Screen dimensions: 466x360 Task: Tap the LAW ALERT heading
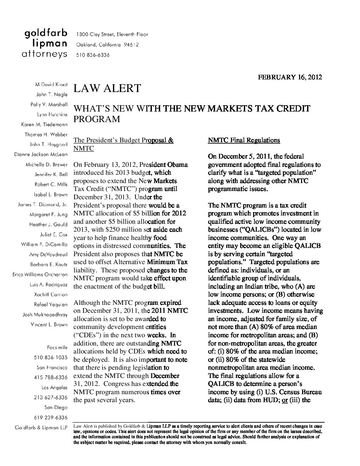tap(107, 89)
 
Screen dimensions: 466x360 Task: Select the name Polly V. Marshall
tap(49, 105)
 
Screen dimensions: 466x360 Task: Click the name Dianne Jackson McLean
tap(41, 155)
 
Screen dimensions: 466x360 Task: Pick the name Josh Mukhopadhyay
tap(45, 314)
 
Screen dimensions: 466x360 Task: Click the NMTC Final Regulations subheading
tap(244, 140)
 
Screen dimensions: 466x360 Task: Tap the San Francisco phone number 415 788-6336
tap(51, 377)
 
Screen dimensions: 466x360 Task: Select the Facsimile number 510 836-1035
tap(51, 357)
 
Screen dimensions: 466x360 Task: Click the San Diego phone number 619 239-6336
tap(51, 417)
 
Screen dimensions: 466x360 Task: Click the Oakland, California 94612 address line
tap(108, 45)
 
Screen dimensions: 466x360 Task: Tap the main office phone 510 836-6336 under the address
tap(93, 55)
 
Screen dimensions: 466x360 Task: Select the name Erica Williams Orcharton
tap(40, 274)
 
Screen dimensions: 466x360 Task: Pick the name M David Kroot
tap(51, 84)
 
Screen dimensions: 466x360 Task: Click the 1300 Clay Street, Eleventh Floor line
tap(112, 34)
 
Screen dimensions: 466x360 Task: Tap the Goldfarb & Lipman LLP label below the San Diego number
tap(41, 428)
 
